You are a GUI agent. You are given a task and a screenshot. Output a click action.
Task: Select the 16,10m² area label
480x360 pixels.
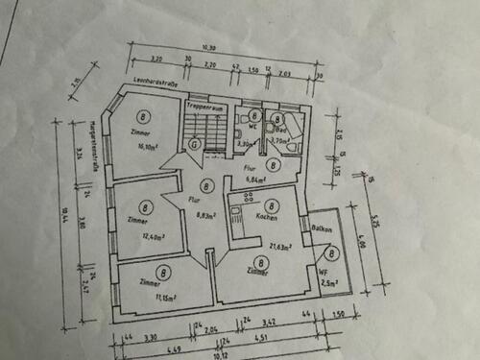click(x=146, y=147)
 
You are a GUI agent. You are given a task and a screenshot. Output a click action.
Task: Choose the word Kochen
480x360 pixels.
click(x=267, y=217)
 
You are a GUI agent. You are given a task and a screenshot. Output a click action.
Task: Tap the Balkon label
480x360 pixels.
click(x=323, y=228)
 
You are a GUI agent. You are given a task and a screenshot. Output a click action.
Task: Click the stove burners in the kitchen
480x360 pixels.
click(x=248, y=196)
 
